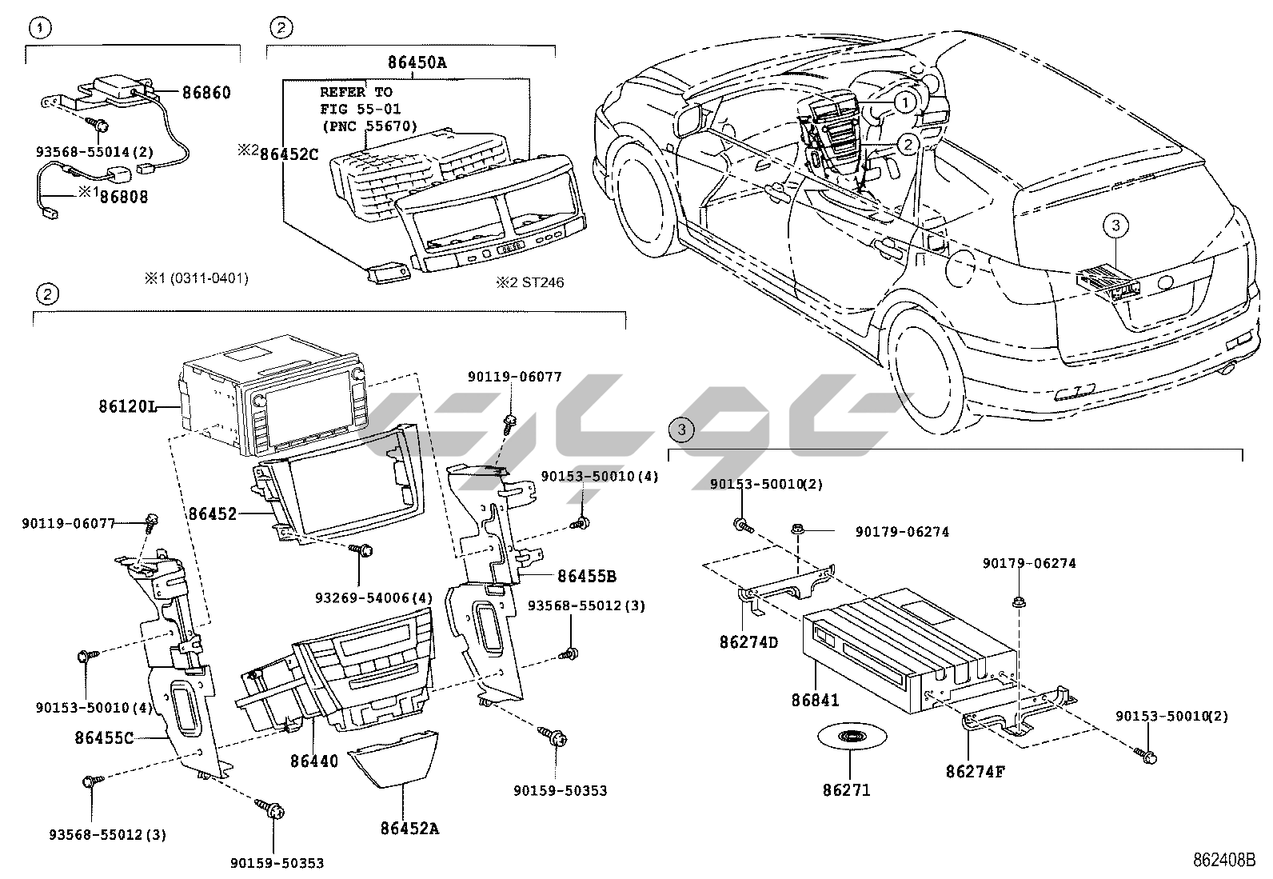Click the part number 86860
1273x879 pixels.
(206, 93)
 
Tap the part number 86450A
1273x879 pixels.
(417, 61)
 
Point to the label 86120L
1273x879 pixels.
(127, 406)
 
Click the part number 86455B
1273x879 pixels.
(587, 576)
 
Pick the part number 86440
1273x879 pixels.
(314, 761)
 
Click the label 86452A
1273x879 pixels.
(410, 829)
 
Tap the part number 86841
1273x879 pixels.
(816, 700)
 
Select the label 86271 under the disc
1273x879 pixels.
(846, 790)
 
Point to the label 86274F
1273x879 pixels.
(974, 772)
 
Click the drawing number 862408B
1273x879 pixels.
(1224, 860)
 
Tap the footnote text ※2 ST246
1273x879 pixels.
(529, 282)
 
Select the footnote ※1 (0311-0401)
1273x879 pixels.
(196, 278)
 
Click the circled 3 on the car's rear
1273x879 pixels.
(1115, 226)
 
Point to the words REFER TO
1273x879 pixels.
(356, 92)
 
